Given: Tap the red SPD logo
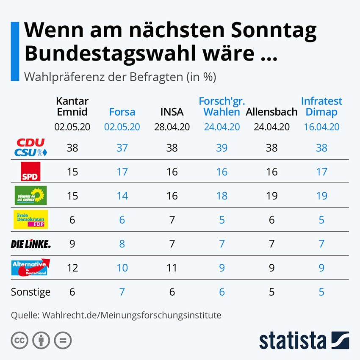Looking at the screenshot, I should [x=31, y=172].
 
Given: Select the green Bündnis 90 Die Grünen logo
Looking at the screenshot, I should [x=31, y=196].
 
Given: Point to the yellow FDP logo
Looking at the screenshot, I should [x=31, y=219].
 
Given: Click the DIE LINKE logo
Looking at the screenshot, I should [x=30, y=244].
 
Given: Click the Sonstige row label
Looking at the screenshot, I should [x=30, y=292].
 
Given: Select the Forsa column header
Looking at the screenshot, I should [x=122, y=112].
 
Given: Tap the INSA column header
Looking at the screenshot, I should [x=172, y=112].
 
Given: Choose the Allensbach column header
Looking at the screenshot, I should [x=271, y=112].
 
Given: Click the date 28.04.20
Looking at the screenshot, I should [x=172, y=127].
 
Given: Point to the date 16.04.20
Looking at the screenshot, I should [x=321, y=127].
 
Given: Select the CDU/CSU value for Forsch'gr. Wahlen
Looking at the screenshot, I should [x=222, y=147].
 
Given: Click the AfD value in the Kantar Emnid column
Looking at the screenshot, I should [x=72, y=268].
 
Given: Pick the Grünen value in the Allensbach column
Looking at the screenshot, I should [x=271, y=196].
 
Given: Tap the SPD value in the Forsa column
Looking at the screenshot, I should [x=122, y=172].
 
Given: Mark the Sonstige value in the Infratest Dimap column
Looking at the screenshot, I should [x=321, y=292].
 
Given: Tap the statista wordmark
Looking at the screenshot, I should [x=293, y=340].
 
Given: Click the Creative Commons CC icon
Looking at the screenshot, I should [x=19, y=340].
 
